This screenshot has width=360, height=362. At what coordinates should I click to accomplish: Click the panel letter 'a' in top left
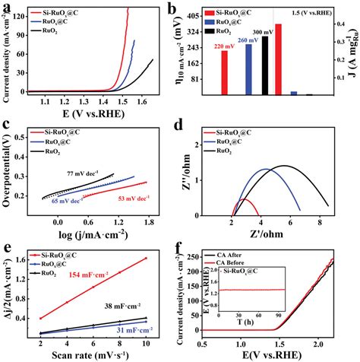6,6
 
